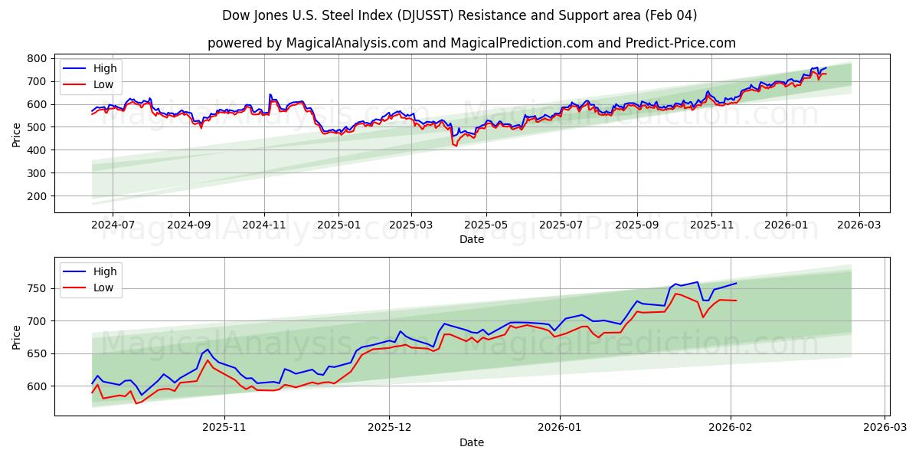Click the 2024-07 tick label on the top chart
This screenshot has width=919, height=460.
113,226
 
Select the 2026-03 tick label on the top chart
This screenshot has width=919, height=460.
858,226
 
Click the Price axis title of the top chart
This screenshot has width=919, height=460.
17,135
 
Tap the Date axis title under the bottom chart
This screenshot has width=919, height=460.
472,442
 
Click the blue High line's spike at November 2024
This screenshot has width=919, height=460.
270,94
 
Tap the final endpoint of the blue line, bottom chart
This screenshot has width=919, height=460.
737,283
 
